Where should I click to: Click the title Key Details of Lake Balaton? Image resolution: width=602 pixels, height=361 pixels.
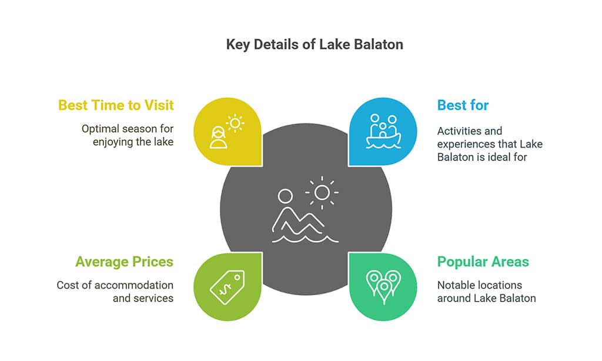315,45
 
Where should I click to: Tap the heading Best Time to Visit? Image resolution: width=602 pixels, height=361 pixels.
116,105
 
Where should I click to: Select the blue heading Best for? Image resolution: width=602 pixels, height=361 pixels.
463,105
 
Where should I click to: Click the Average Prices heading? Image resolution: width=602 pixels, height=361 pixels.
125,262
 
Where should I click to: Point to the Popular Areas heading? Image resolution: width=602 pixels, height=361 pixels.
483,262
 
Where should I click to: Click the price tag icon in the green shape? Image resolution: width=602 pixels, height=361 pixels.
228,288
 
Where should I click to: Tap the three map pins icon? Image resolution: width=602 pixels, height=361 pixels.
383,286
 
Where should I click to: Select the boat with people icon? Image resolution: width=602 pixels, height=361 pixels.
383,131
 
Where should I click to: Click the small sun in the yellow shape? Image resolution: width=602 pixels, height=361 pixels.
235,123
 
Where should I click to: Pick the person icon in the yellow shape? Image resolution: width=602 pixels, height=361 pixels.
218,137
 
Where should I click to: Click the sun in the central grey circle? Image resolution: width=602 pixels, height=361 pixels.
322,192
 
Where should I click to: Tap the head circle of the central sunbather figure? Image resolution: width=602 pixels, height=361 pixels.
285,196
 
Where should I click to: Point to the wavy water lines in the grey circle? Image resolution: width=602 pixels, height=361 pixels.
305,239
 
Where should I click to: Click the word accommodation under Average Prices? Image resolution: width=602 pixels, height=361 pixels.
133,285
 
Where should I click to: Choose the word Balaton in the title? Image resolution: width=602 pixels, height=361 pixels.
379,45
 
